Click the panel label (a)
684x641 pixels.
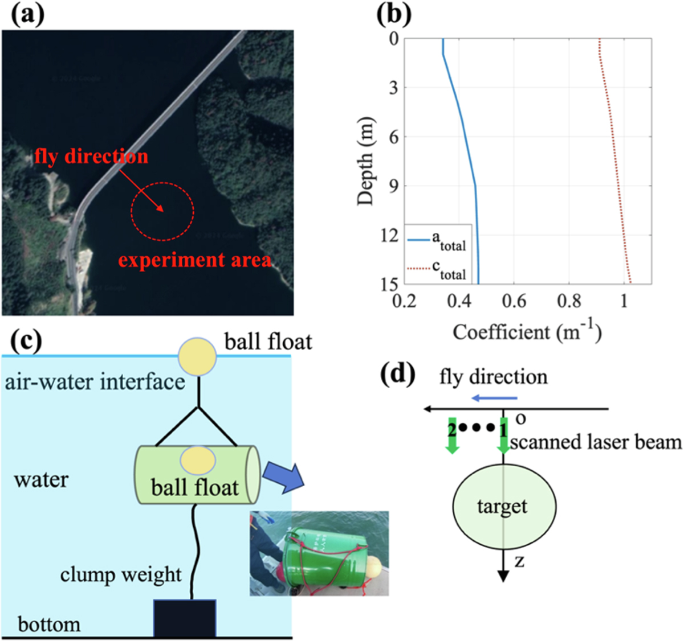pos(27,15)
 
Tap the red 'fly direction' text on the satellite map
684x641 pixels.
pos(91,156)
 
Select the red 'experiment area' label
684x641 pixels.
pos(194,260)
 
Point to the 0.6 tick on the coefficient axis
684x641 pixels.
pos(514,301)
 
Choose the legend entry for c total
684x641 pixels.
pos(437,269)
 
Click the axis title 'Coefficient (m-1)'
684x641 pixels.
pos(527,331)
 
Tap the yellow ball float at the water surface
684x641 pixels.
pos(197,356)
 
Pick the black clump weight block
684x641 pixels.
pos(185,618)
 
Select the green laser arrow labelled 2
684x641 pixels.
pos(452,436)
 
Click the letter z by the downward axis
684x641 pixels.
pos(519,561)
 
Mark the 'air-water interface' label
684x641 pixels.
pos(95,381)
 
